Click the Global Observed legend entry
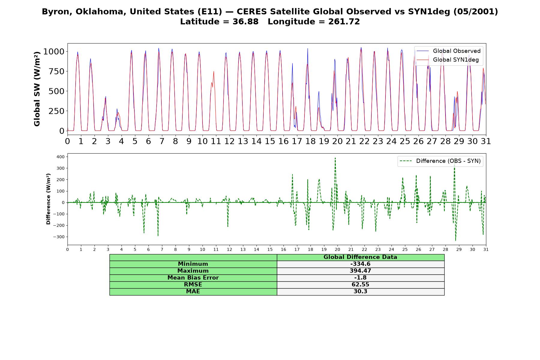448,51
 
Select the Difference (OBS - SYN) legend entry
440,161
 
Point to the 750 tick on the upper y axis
58,71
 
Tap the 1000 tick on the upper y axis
54,52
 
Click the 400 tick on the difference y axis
60,157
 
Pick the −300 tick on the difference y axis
59,237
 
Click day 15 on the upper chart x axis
270,141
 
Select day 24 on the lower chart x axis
391,250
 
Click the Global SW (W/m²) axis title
37,89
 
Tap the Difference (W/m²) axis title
48,199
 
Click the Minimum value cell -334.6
360,264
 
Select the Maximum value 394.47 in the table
360,271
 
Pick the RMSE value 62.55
360,285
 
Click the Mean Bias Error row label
193,278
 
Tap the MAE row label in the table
193,292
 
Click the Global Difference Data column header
360,257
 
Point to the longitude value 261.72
345,22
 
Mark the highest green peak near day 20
335,158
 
